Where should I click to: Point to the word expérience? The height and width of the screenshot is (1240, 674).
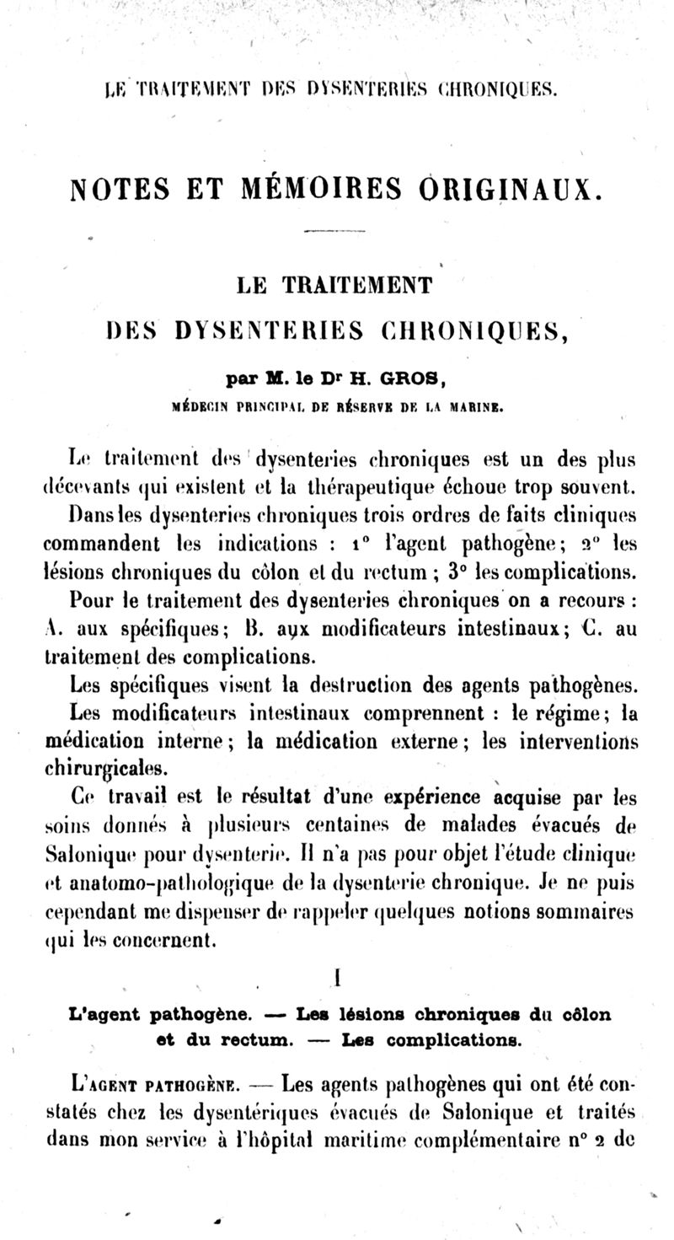(431, 798)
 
